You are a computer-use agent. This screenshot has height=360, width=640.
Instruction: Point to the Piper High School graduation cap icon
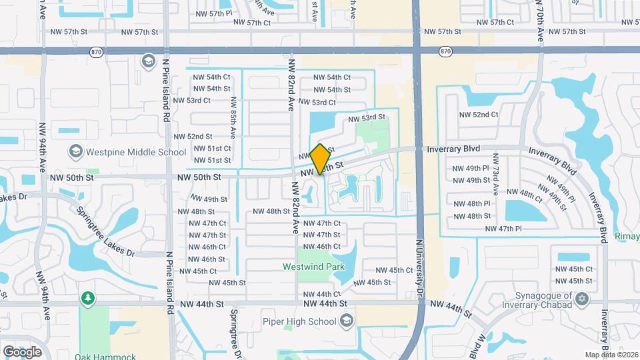346,321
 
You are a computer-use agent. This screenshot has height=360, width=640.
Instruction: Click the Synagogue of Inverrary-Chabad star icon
583,297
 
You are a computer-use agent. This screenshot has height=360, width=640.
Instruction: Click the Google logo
21,351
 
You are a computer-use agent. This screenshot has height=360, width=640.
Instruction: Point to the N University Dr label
420,267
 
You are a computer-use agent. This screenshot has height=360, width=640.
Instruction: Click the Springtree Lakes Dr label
105,231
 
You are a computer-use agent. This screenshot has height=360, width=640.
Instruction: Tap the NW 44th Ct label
322,294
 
